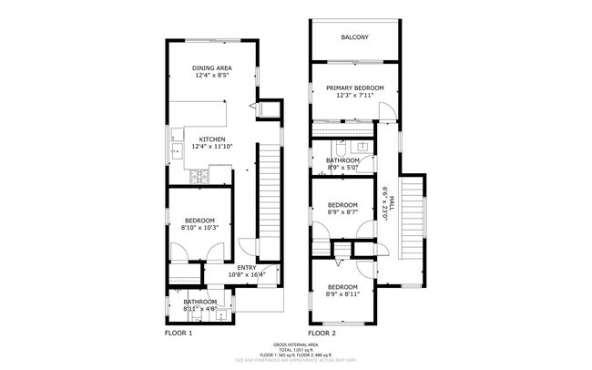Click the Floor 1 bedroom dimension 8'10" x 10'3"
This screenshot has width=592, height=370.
coord(199,228)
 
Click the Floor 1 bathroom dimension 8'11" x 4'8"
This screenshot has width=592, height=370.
coord(199,309)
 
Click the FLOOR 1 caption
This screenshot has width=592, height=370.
coord(179,334)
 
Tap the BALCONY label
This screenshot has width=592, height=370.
coord(354,37)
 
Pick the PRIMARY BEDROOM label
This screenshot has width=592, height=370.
coord(354,87)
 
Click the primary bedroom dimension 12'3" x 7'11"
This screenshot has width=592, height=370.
coord(354,95)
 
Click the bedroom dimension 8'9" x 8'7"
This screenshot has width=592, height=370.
coord(342,212)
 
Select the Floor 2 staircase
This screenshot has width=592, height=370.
coord(415,209)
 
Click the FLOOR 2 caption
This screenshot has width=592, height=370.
coord(322,334)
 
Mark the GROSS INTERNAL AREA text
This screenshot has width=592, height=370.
coord(296,345)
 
